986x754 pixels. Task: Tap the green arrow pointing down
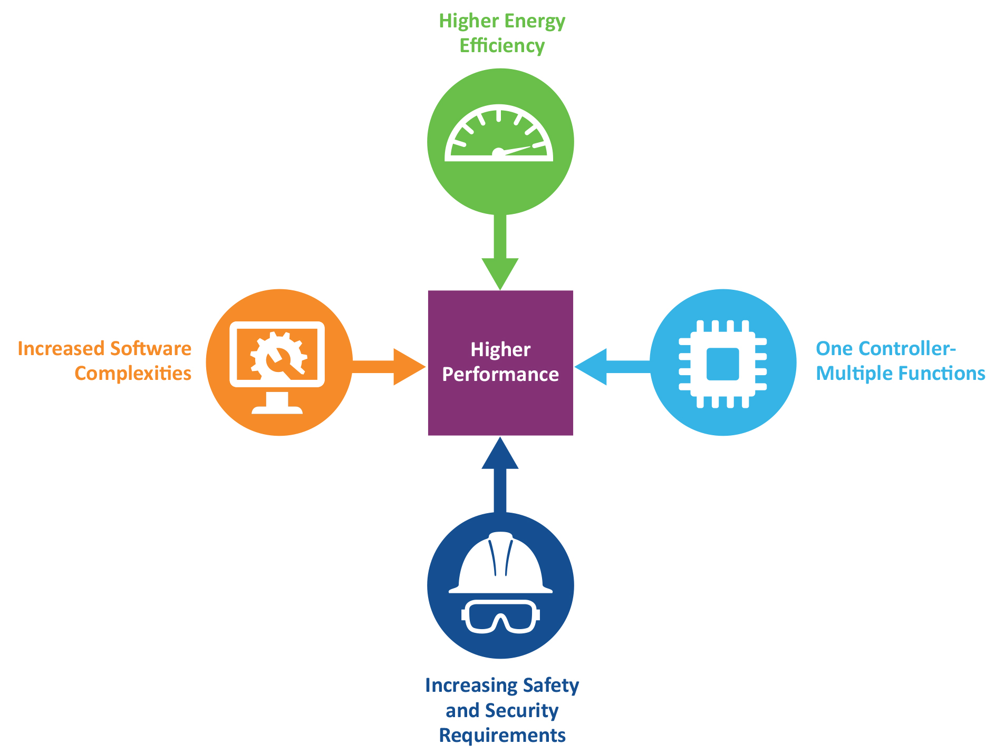tap(500, 253)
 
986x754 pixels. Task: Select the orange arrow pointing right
tap(390, 367)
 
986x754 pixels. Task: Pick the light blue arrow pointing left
tap(612, 367)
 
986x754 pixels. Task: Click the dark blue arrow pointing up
tap(500, 474)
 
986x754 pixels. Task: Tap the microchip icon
tap(722, 364)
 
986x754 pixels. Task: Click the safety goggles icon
tap(500, 615)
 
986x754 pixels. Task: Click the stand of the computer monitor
tap(277, 404)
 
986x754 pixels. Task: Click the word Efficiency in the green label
tap(502, 46)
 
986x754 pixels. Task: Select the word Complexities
tap(133, 374)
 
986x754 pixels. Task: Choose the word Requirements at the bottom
tap(502, 735)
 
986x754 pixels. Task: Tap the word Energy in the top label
tap(535, 22)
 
